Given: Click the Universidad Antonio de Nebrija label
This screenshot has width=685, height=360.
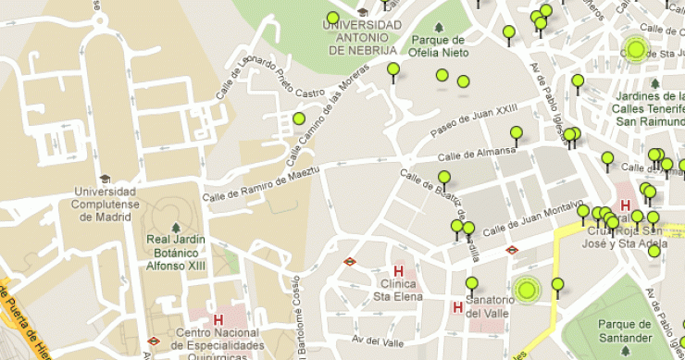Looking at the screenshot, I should point(362,38).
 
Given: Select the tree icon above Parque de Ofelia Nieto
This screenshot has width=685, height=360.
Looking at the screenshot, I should point(439,28).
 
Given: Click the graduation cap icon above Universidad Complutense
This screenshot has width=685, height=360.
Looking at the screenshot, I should point(105,180).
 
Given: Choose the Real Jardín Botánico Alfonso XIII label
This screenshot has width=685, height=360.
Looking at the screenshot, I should point(174,252).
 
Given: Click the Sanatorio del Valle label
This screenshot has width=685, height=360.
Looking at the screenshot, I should point(488,306).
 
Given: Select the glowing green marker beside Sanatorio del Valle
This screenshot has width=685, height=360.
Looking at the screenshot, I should point(528,291).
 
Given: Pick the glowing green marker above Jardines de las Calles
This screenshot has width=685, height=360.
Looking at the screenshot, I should point(636,49).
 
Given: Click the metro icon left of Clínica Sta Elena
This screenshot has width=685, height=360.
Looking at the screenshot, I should point(350,261).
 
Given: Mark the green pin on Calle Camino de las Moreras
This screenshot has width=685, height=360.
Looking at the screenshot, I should point(299,118).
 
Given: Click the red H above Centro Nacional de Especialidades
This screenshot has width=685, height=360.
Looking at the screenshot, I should point(218,320).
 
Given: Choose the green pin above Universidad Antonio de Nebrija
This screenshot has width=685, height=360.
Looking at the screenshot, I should point(332,18).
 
